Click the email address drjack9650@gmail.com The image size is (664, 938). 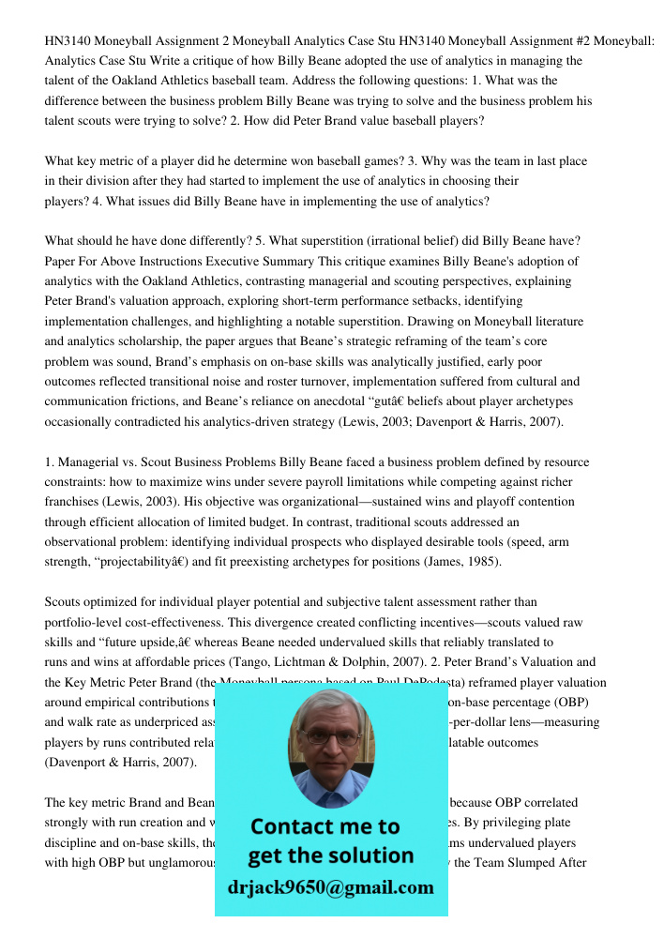330,887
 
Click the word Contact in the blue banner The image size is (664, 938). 296,826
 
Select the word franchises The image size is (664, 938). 75,502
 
